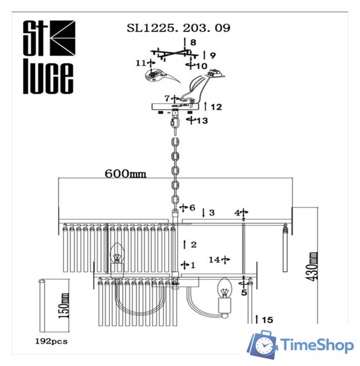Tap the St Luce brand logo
pyautogui.click(x=49, y=57)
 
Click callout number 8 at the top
pyautogui.click(x=193, y=42)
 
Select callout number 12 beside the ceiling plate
pyautogui.click(x=216, y=107)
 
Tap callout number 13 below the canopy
pyautogui.click(x=202, y=121)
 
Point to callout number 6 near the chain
pyautogui.click(x=192, y=208)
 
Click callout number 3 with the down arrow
pyautogui.click(x=211, y=213)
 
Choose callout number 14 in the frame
pyautogui.click(x=214, y=260)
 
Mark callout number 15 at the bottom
pyautogui.click(x=267, y=320)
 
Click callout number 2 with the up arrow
pyautogui.click(x=193, y=245)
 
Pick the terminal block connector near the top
pyautogui.click(x=215, y=73)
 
